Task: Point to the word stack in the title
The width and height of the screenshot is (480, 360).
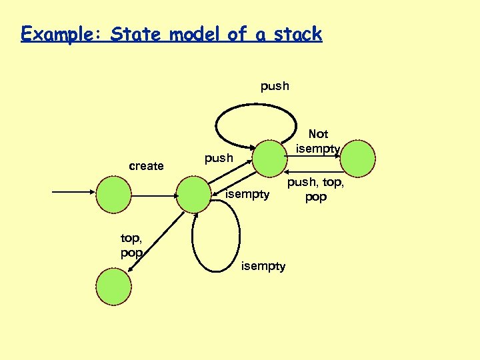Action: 295,34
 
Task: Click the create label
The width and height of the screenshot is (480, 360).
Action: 146,166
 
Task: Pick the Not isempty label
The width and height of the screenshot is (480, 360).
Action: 318,141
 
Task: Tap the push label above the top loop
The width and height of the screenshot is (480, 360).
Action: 275,85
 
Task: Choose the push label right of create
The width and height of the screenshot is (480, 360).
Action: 219,159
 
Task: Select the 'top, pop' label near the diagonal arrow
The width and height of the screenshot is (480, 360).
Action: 132,245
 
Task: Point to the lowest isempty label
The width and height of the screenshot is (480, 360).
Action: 263,267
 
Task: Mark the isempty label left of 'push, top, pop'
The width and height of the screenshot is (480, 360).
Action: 248,195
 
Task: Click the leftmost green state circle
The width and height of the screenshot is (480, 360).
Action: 114,193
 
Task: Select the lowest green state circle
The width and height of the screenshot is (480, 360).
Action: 114,285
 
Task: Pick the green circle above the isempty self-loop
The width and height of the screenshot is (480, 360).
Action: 194,193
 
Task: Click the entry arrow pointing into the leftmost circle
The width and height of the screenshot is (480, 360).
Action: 73,193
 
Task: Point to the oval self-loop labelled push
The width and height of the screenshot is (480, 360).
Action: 255,125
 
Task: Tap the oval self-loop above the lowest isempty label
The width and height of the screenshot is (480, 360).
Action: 215,236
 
